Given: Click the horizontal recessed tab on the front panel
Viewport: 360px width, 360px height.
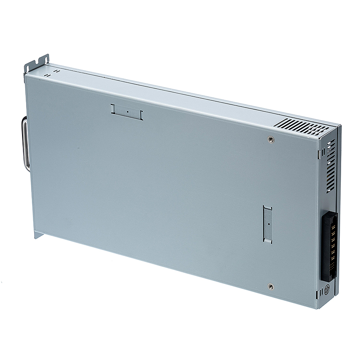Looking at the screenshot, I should click(x=126, y=111).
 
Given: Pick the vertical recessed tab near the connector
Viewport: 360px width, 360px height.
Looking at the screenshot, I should click(x=267, y=224).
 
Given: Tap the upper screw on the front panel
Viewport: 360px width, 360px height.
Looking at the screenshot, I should click(x=270, y=140).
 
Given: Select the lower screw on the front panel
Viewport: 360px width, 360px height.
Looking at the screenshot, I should click(x=270, y=285).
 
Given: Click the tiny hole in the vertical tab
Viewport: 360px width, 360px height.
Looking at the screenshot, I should click(x=267, y=223).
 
